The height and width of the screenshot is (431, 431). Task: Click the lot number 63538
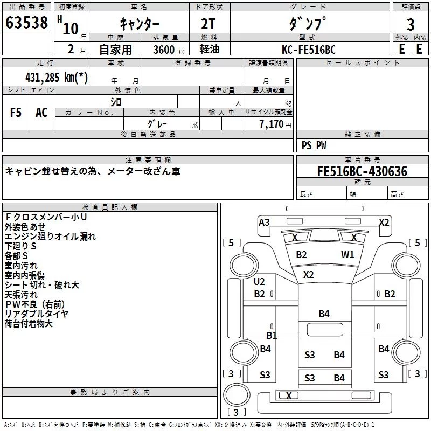(x=26, y=23)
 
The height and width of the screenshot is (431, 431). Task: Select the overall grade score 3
(x=411, y=25)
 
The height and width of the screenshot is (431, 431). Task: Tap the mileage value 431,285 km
(x=57, y=78)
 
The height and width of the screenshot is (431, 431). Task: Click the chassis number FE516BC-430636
(x=362, y=171)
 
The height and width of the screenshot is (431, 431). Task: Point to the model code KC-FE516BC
(x=309, y=50)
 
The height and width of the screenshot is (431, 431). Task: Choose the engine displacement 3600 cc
(x=169, y=50)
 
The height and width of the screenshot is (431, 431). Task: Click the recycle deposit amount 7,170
(x=272, y=124)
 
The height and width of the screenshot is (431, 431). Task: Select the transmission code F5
(x=16, y=113)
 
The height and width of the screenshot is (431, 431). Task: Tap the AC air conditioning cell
(x=42, y=113)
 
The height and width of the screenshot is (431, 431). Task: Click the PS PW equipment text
(x=314, y=145)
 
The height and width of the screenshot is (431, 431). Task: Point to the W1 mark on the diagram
(x=347, y=255)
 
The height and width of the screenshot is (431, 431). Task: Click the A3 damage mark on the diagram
(x=264, y=222)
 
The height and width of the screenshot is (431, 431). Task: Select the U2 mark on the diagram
(x=259, y=281)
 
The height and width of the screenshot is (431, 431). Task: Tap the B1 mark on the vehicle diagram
(x=272, y=335)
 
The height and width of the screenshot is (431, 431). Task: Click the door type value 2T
(x=208, y=24)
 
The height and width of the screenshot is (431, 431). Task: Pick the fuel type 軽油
(x=210, y=49)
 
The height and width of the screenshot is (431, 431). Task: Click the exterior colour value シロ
(x=116, y=102)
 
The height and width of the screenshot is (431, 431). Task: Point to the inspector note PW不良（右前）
(x=34, y=304)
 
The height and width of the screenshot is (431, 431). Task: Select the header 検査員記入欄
(x=110, y=207)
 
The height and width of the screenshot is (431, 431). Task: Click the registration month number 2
(x=71, y=49)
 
